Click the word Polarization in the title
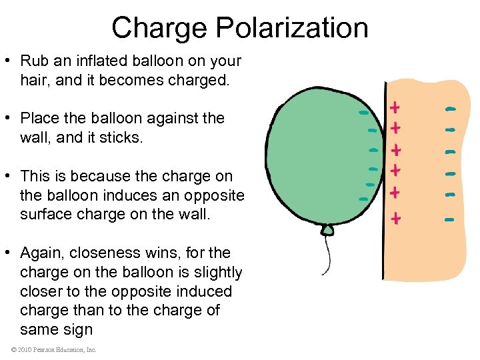(x=293, y=28)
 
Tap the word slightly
(x=214, y=273)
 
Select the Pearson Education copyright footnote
(x=53, y=350)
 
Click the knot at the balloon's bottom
(x=327, y=231)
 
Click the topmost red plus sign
(x=395, y=107)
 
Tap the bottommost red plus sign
(x=396, y=218)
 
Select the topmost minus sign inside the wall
(x=451, y=108)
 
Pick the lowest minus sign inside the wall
(x=449, y=218)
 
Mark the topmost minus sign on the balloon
(x=363, y=113)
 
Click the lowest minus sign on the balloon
(x=363, y=199)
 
